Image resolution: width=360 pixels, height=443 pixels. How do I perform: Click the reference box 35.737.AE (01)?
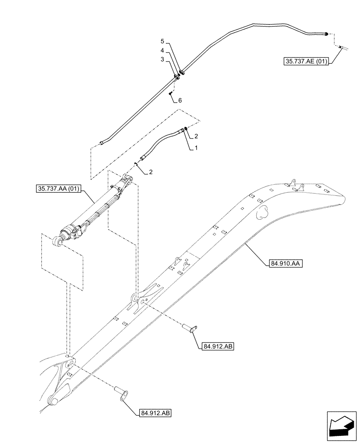[305, 62]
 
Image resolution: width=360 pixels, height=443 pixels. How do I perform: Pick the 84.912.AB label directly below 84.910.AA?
[217, 346]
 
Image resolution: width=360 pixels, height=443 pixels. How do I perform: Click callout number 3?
[163, 59]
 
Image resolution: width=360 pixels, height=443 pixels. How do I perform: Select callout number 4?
[163, 51]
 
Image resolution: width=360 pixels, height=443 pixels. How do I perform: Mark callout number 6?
[180, 101]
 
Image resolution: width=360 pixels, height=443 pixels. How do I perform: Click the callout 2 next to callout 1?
[196, 136]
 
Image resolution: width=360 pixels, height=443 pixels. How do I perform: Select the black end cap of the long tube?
[326, 34]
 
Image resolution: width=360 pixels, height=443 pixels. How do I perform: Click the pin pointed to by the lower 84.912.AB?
[120, 392]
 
